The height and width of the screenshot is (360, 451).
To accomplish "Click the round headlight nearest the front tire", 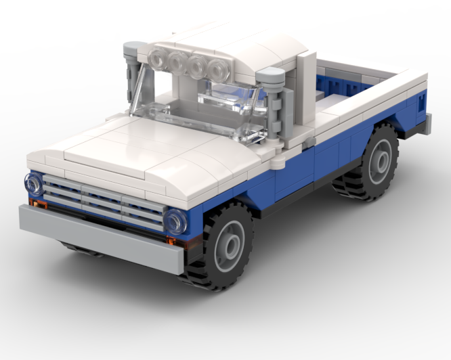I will [x=175, y=221].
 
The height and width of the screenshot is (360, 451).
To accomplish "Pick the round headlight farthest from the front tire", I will [x=33, y=183].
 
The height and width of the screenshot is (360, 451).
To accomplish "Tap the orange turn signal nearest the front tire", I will [x=171, y=240].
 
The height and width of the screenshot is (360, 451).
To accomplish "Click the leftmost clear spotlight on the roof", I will [x=160, y=60].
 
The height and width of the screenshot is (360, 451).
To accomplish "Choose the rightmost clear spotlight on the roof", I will [x=217, y=68].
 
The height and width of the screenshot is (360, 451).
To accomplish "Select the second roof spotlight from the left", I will [x=178, y=62].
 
